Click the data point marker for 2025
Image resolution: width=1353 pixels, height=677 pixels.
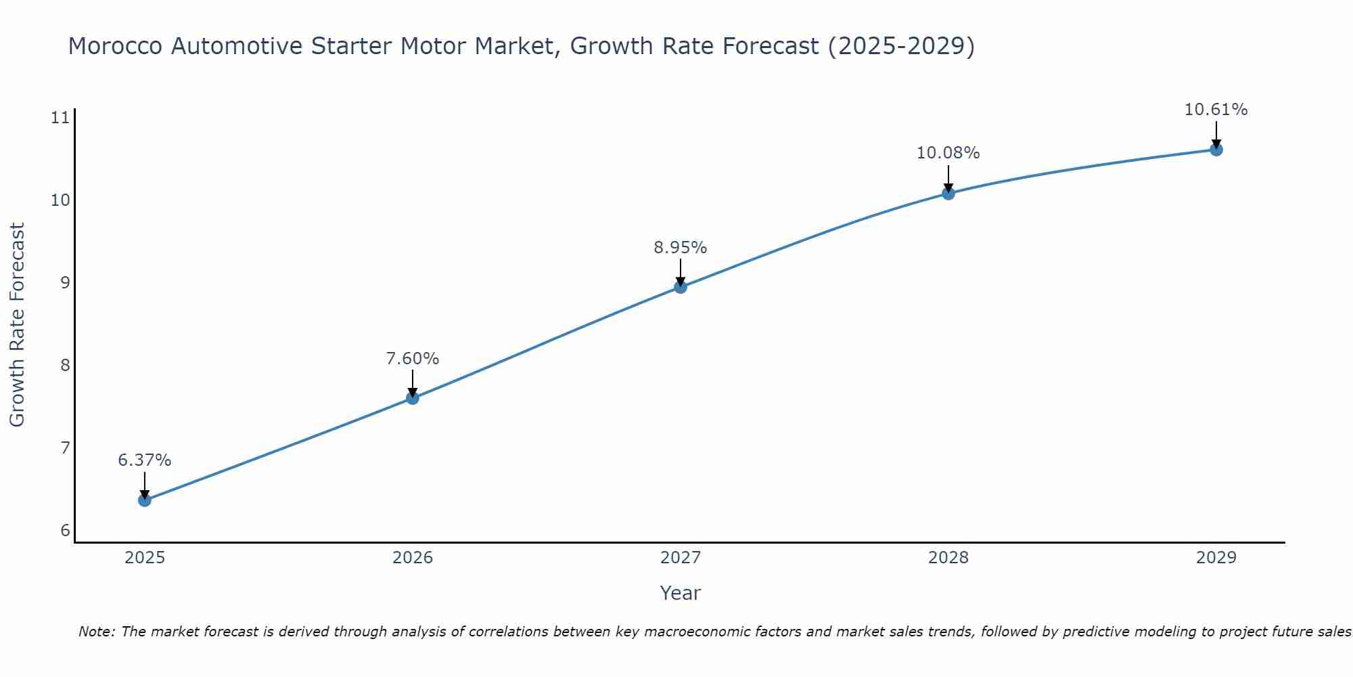coord(145,500)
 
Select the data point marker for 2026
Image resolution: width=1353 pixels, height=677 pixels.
coord(413,398)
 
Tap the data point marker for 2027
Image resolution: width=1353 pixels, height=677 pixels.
coord(681,287)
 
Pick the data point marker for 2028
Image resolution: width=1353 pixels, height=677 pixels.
coord(948,194)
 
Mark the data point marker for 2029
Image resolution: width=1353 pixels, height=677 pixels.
coord(1216,150)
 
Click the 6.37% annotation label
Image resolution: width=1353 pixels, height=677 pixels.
coord(145,460)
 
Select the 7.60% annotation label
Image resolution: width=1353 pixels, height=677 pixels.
coord(413,359)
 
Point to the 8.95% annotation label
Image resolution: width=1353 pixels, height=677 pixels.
coord(681,248)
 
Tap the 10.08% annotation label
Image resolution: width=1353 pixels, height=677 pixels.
coord(948,153)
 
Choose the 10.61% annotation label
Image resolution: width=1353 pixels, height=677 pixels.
coord(1216,110)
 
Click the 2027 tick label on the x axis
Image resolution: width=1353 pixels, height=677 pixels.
coord(681,558)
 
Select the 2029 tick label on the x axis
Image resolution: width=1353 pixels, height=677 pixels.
coord(1216,558)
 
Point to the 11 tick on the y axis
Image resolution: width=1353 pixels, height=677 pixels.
coord(61,118)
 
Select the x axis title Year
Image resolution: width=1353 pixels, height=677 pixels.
coord(681,593)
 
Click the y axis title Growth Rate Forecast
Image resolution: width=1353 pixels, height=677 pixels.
coord(18,325)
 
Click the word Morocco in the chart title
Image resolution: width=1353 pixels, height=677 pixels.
coord(116,46)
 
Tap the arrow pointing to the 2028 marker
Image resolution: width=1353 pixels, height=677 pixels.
coord(948,179)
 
